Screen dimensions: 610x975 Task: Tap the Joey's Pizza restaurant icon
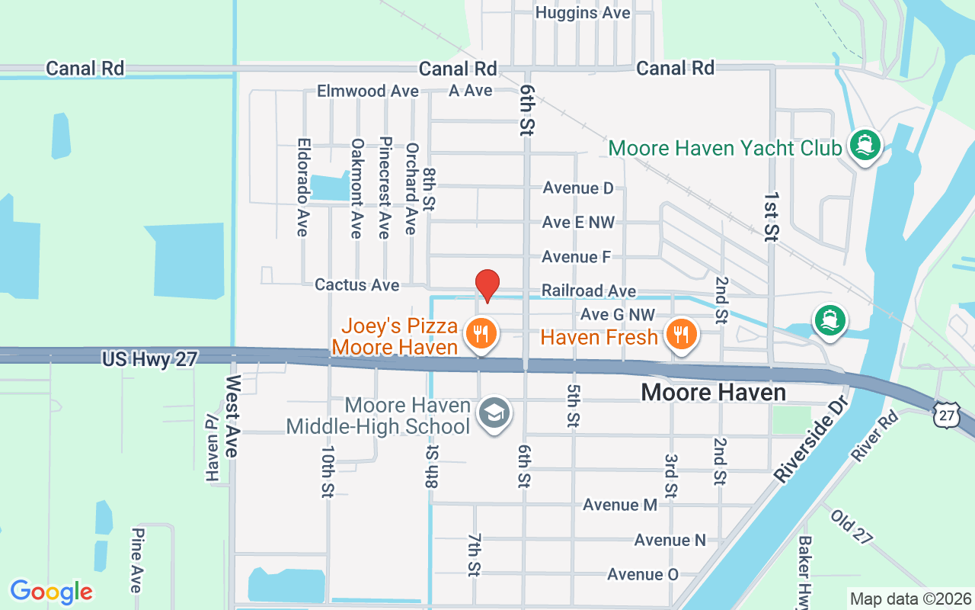pyautogui.click(x=481, y=334)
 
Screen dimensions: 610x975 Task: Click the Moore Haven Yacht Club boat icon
pyautogui.click(x=864, y=146)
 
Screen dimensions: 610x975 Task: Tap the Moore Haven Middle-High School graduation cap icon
pyautogui.click(x=494, y=414)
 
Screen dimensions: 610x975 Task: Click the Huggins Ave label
pyautogui.click(x=583, y=13)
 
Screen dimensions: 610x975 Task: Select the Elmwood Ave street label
pyautogui.click(x=368, y=91)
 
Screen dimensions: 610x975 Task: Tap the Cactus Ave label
pyautogui.click(x=356, y=284)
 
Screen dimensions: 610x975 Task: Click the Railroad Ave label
pyautogui.click(x=588, y=291)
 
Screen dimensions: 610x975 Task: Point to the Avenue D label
pyautogui.click(x=577, y=188)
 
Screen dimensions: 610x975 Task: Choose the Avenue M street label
pyautogui.click(x=620, y=505)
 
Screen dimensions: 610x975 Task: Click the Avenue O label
pyautogui.click(x=642, y=574)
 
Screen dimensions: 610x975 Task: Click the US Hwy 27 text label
pyautogui.click(x=149, y=358)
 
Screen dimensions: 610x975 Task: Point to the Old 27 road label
pyautogui.click(x=852, y=527)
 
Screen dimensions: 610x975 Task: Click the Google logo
pyautogui.click(x=51, y=592)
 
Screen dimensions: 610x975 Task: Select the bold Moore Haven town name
pyautogui.click(x=713, y=392)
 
